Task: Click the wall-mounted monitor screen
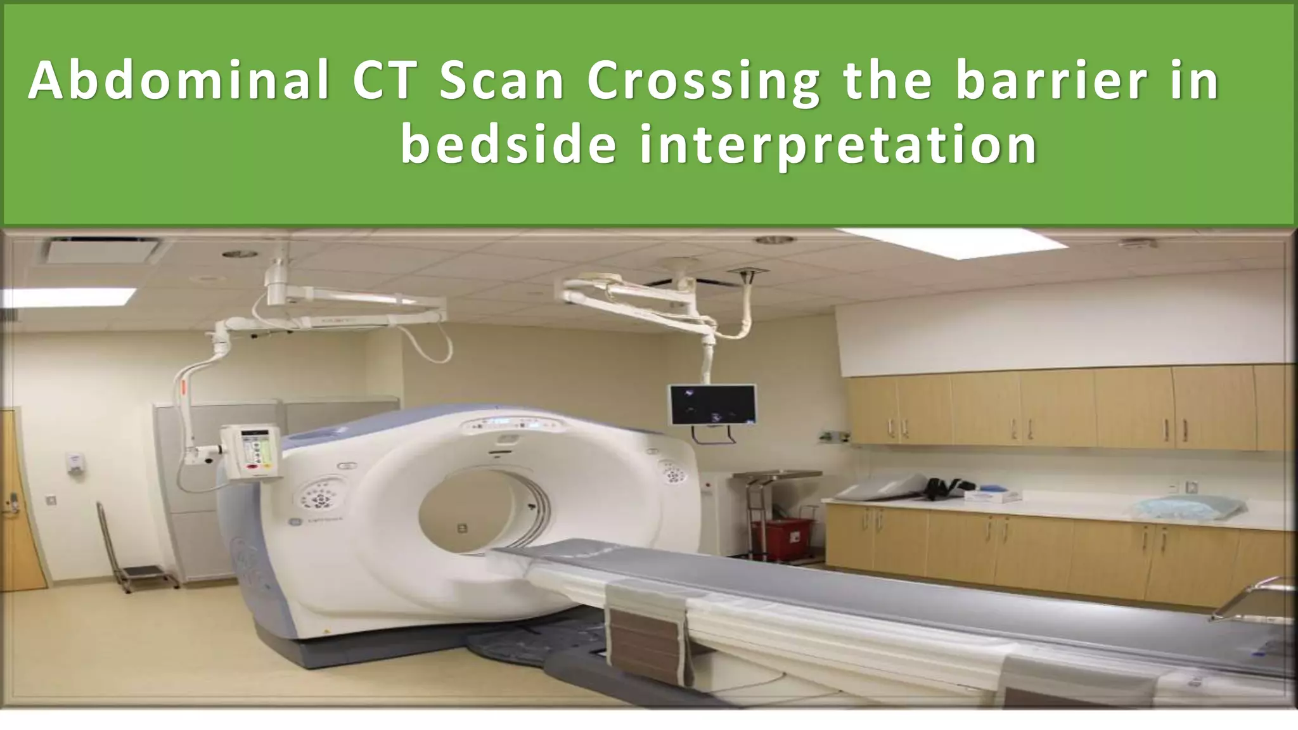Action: (x=713, y=404)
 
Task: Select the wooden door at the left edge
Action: (x=15, y=501)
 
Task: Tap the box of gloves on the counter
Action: (x=991, y=496)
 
